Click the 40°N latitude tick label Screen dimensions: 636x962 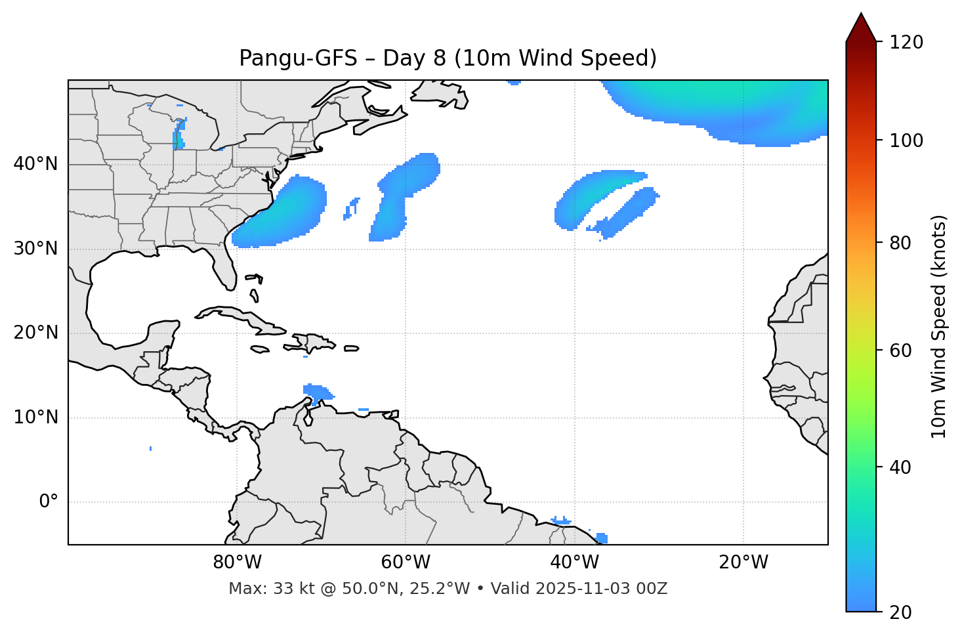point(35,164)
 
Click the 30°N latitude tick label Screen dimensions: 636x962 point(35,249)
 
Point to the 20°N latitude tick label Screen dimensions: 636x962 point(35,333)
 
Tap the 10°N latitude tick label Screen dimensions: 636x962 point(35,417)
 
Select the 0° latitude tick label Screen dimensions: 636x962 point(49,502)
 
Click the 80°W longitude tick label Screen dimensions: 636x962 point(237,562)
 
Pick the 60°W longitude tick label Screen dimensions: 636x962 point(406,562)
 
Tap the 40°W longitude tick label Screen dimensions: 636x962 point(574,562)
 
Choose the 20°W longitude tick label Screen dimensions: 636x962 point(743,562)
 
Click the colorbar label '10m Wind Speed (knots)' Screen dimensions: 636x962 point(939,326)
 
